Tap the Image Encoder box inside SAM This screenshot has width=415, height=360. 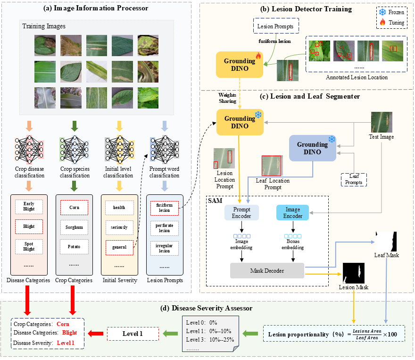pos(292,213)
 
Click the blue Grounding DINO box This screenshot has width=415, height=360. pos(312,148)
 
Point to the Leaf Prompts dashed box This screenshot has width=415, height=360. pos(354,179)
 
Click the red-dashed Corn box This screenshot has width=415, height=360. pos(75,207)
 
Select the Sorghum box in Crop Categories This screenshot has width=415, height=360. pos(75,227)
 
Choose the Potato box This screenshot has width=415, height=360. pos(75,247)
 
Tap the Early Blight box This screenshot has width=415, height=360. pos(29,207)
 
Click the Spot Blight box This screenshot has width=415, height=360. pos(29,246)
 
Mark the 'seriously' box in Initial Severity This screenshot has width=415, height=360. pos(119,227)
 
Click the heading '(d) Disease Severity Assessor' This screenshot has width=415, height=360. pos(207,308)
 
